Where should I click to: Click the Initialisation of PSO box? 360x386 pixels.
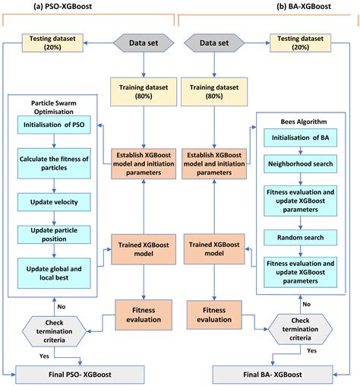(x=54, y=124)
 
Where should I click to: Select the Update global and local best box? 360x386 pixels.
(x=54, y=269)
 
